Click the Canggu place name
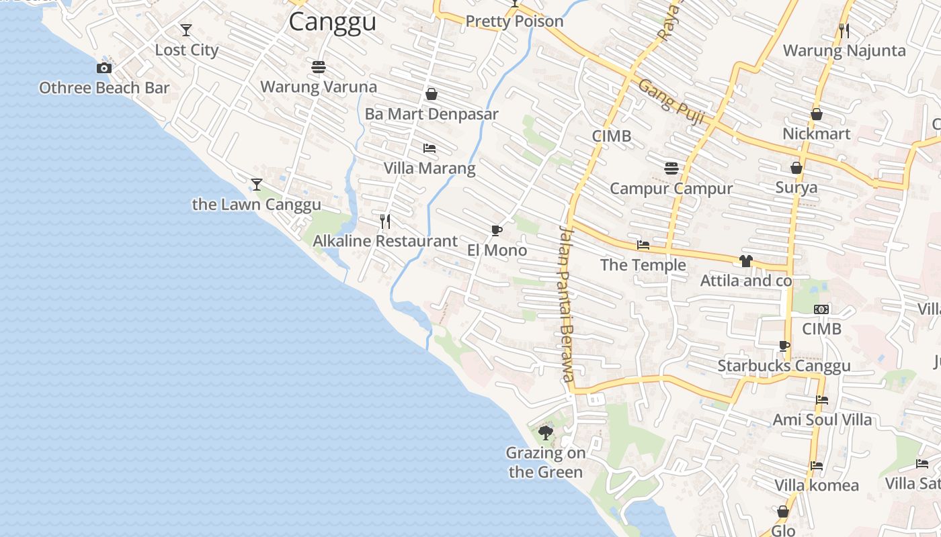click(332, 21)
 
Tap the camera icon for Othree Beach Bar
click(104, 68)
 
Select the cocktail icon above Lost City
click(186, 30)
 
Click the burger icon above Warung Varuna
click(319, 67)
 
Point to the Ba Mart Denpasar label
click(432, 114)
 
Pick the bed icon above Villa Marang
click(429, 148)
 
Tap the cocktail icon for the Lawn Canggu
click(256, 184)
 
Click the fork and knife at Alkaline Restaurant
click(385, 221)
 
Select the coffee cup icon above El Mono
click(497, 231)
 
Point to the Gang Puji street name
click(671, 102)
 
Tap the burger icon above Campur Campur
click(671, 168)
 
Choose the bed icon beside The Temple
click(643, 245)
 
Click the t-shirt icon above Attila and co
click(745, 261)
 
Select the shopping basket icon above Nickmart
click(817, 115)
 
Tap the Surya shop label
click(796, 187)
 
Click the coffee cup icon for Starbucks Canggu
click(784, 346)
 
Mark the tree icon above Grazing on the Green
click(546, 433)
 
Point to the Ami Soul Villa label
click(822, 420)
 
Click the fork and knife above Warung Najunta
click(844, 30)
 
